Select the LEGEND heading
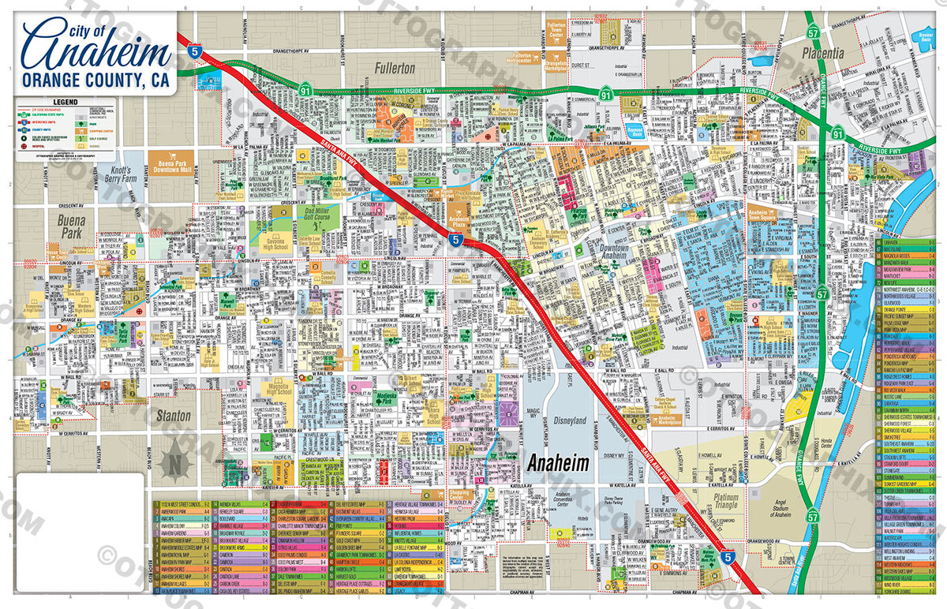(x=65, y=103)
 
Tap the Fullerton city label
(x=395, y=69)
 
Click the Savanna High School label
(x=273, y=240)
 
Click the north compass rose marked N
(x=172, y=459)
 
